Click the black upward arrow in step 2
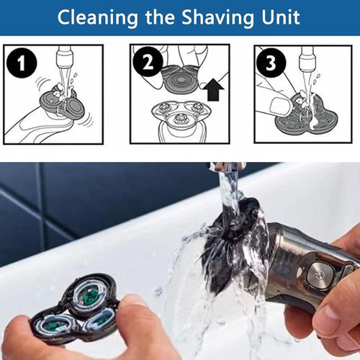coord(212,89)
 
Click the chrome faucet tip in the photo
coord(228,167)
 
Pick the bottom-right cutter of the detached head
coord(98,322)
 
